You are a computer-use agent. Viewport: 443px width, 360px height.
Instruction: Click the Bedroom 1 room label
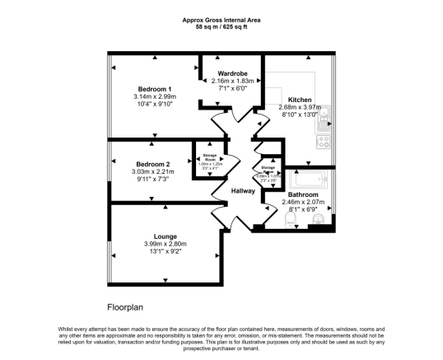[154, 89]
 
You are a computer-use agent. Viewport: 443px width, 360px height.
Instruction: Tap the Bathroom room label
[304, 194]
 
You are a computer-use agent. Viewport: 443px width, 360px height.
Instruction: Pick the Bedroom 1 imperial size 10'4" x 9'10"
[154, 105]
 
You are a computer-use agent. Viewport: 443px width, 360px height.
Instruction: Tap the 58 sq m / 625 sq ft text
[221, 27]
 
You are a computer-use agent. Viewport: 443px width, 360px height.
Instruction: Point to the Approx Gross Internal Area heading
[221, 21]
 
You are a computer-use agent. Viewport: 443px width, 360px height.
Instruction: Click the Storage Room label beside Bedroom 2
[210, 157]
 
